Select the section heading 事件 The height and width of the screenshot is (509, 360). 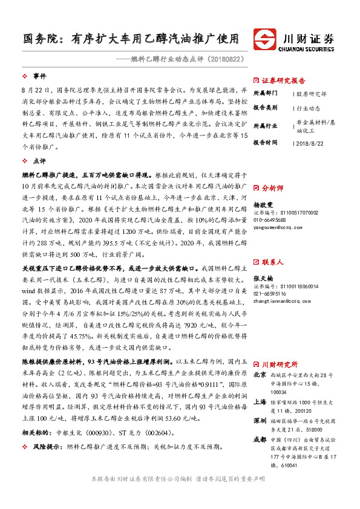pos(40,76)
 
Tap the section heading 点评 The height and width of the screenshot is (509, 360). pos(40,161)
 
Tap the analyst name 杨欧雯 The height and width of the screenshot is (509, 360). pos(261,204)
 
